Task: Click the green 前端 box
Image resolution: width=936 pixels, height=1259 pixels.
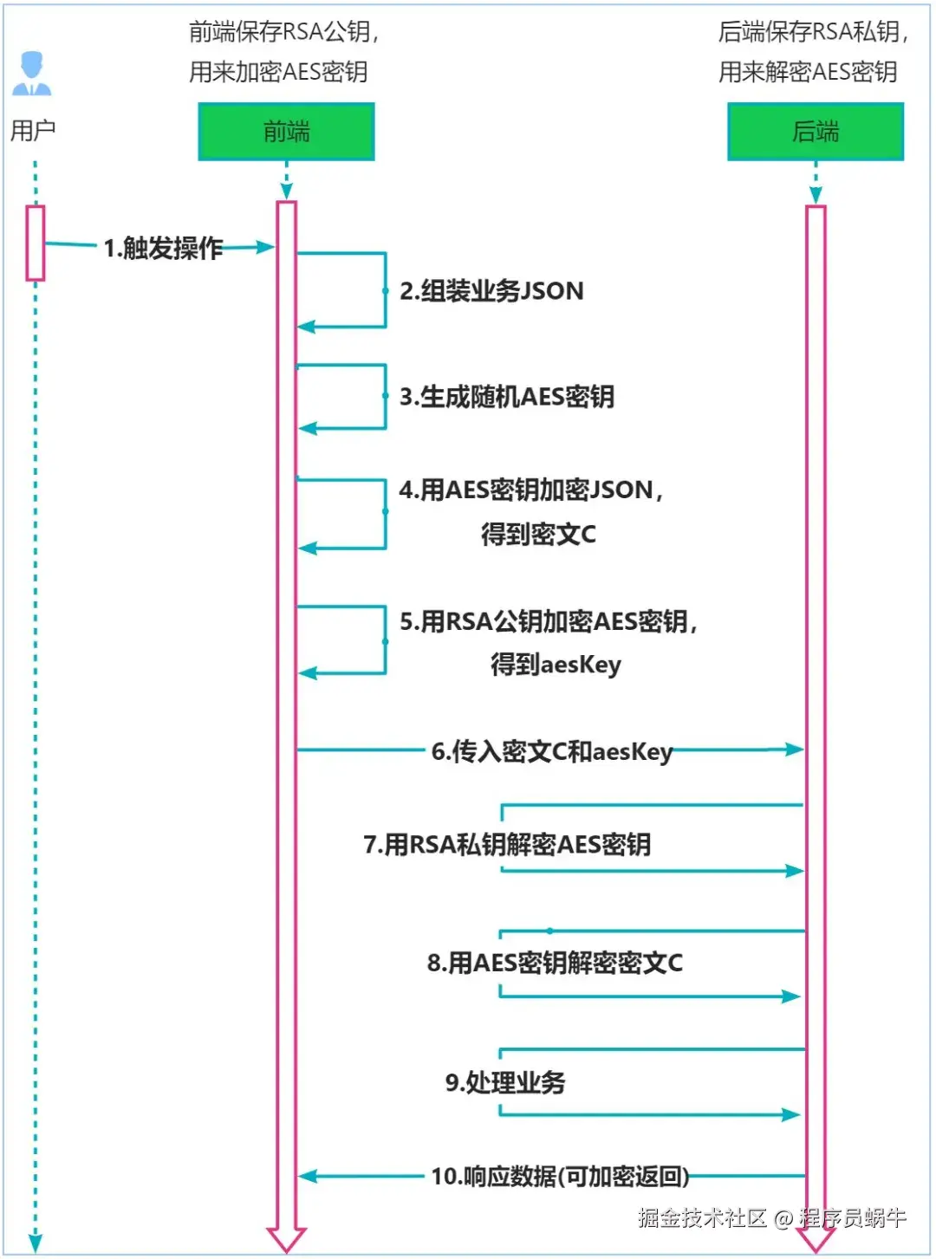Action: (x=286, y=132)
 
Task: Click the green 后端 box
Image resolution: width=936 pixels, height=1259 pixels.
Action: (x=815, y=132)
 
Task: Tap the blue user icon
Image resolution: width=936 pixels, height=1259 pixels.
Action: (x=32, y=74)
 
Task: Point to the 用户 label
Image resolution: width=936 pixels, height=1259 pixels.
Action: (x=32, y=131)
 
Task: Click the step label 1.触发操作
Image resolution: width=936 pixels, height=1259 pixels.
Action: (x=163, y=249)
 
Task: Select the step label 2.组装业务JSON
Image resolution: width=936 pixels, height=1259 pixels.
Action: (x=491, y=291)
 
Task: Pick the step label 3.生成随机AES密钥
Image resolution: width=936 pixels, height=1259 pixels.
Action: (x=507, y=398)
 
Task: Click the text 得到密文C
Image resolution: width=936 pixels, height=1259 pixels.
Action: (x=538, y=535)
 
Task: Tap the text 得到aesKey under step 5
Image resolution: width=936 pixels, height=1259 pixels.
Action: (x=556, y=665)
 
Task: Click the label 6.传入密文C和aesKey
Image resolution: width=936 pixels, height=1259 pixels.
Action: (x=552, y=751)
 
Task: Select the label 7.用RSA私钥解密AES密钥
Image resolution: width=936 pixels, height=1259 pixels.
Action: (x=507, y=845)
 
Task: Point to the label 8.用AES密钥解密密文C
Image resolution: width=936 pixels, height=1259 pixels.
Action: (x=555, y=963)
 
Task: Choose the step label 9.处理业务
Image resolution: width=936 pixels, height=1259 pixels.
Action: (x=505, y=1082)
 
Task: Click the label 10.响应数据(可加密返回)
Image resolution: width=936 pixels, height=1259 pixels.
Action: (x=560, y=1177)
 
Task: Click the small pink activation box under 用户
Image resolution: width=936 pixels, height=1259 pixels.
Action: (x=36, y=243)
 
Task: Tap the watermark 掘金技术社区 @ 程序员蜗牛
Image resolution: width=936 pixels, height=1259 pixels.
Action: (x=771, y=1218)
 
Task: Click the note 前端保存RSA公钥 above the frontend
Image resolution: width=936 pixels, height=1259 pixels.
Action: (x=284, y=33)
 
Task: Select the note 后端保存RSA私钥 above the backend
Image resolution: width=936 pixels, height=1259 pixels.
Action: (x=813, y=33)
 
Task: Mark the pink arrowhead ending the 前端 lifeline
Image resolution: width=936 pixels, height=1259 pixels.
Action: (x=286, y=1240)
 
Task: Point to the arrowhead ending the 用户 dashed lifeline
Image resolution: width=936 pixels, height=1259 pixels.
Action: (x=36, y=1243)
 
